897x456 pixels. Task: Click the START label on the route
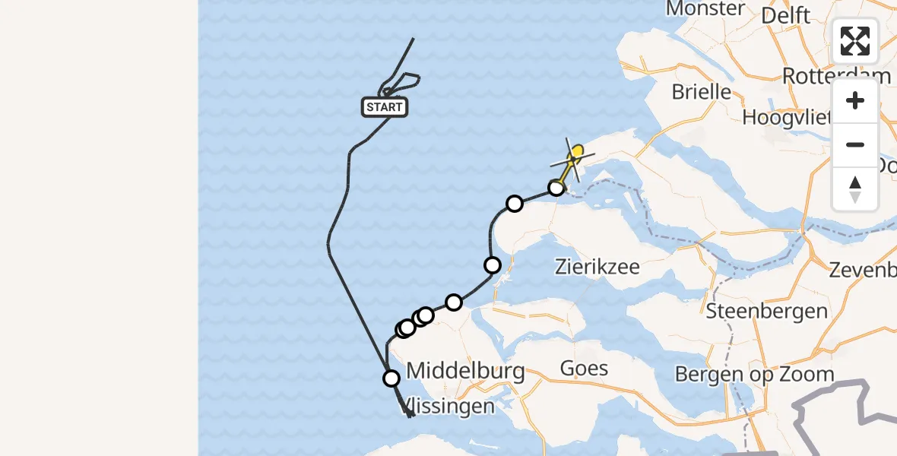click(385, 107)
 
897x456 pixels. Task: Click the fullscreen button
click(855, 41)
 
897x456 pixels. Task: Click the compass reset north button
click(855, 188)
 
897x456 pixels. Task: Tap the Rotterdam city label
click(835, 76)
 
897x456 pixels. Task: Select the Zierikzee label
click(597, 267)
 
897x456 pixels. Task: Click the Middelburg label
click(465, 371)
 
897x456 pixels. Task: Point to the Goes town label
click(584, 369)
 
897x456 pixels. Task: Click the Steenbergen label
click(766, 311)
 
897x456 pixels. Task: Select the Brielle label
click(701, 92)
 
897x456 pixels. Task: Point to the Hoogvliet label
click(788, 117)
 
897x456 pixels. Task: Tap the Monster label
click(705, 9)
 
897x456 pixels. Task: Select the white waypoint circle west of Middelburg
click(391, 378)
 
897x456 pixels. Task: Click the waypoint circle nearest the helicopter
click(556, 188)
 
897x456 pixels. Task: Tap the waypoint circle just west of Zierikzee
click(493, 264)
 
